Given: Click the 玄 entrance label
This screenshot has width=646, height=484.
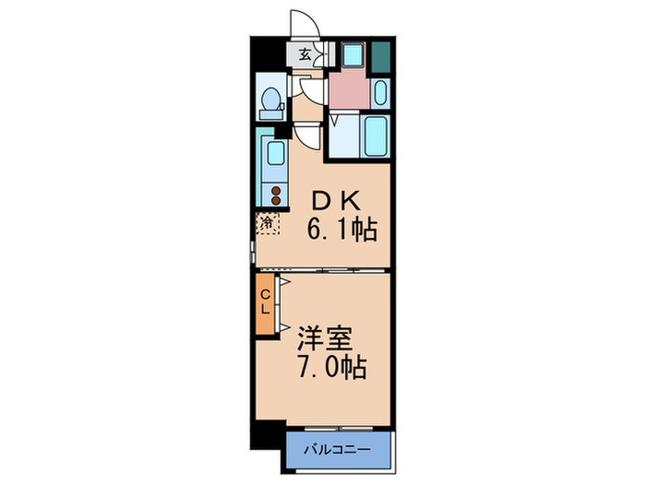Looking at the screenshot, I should pyautogui.click(x=304, y=54).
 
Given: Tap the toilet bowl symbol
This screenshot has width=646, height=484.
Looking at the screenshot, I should pyautogui.click(x=270, y=101).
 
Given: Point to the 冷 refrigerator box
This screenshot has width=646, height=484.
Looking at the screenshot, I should pyautogui.click(x=268, y=221).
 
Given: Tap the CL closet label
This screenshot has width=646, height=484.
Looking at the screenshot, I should pyautogui.click(x=265, y=301).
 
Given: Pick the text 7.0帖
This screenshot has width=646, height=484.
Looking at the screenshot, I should pyautogui.click(x=330, y=367).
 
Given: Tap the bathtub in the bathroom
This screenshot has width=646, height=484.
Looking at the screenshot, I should pyautogui.click(x=376, y=136).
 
